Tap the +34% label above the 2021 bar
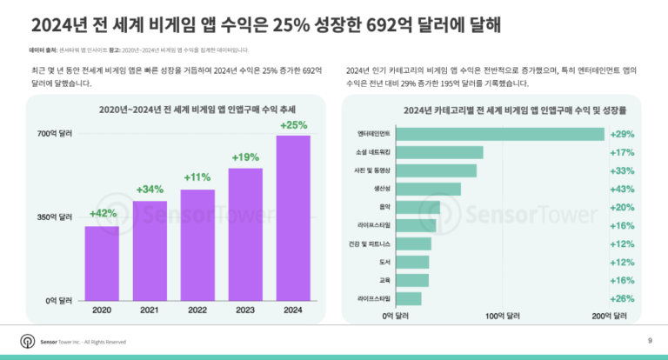[x=150, y=189]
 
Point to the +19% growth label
[x=245, y=157]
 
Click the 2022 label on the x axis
[x=197, y=310]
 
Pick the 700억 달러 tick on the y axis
[x=54, y=135]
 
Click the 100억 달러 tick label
[x=502, y=316]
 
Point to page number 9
[x=650, y=340]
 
